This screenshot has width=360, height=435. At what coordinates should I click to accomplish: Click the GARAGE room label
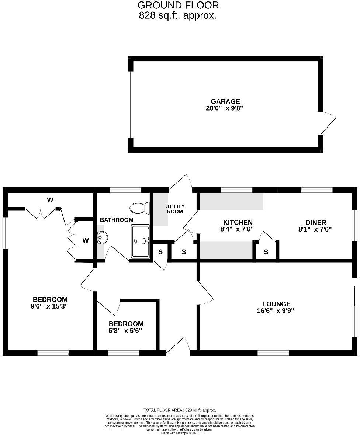(x=225, y=101)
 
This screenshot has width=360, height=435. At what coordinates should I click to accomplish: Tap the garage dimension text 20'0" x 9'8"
(x=225, y=108)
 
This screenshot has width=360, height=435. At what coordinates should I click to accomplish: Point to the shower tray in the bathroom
(x=140, y=241)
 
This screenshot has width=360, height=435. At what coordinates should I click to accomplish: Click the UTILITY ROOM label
(x=175, y=209)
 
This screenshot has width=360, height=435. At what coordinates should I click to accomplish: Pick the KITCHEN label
(x=238, y=222)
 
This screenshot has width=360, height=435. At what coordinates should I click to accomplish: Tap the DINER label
(x=316, y=222)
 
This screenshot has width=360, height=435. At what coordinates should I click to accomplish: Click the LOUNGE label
(x=276, y=304)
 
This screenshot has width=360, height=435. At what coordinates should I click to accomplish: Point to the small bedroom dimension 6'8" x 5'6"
(x=125, y=331)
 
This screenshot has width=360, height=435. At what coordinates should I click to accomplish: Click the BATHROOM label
(x=117, y=220)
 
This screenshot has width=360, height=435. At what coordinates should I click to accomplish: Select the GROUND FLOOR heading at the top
(x=178, y=5)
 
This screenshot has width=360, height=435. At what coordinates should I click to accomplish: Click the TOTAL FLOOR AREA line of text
(x=180, y=410)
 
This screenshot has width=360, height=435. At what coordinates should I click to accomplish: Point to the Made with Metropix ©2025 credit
(x=180, y=433)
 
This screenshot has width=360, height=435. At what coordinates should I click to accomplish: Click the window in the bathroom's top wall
(x=125, y=190)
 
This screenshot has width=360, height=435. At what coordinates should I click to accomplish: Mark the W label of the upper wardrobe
(x=50, y=200)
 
